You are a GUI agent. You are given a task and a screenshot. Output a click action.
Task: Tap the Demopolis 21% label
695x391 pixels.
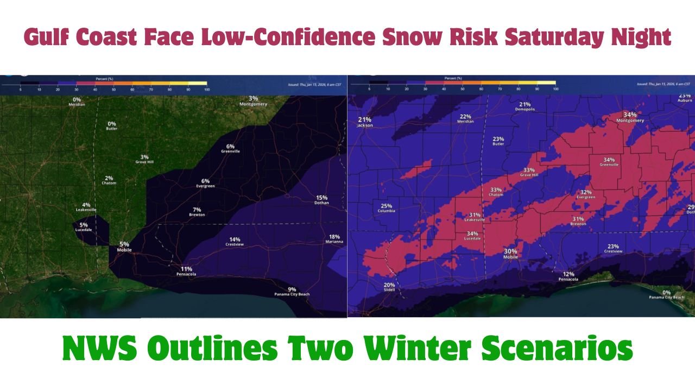click(525, 106)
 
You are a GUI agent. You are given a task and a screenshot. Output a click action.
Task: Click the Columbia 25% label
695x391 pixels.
click(386, 208)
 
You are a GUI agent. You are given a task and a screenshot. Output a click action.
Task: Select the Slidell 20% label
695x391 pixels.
click(389, 287)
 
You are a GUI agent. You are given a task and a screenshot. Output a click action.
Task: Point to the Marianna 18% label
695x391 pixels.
click(334, 239)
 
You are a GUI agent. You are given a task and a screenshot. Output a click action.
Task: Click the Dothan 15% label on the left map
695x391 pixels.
click(322, 200)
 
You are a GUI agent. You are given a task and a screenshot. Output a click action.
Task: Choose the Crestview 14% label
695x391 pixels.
click(235, 242)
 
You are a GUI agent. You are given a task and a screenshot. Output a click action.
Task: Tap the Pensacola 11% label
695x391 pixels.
click(186, 271)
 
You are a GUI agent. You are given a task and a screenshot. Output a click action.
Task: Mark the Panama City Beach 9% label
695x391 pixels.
click(292, 292)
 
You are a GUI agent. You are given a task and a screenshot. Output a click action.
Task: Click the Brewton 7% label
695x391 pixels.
click(197, 212)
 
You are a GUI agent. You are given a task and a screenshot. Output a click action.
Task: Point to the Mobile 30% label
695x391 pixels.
click(510, 254)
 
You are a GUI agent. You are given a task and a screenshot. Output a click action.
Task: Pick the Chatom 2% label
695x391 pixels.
click(109, 180)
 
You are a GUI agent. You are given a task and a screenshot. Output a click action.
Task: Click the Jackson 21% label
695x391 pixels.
click(364, 122)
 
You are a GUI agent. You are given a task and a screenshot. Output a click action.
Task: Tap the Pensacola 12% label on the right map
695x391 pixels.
click(568, 276)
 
